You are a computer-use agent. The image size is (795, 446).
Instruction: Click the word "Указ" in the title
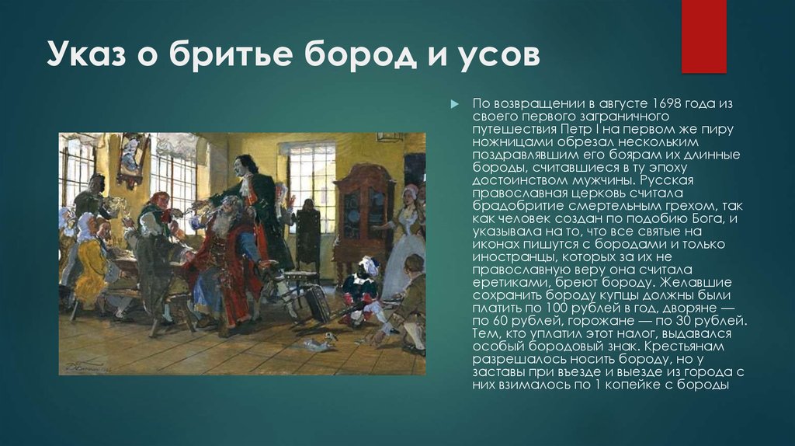click(86, 54)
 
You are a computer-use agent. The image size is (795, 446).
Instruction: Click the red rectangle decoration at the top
click(703, 37)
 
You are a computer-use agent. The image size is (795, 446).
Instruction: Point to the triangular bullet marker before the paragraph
click(454, 105)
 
